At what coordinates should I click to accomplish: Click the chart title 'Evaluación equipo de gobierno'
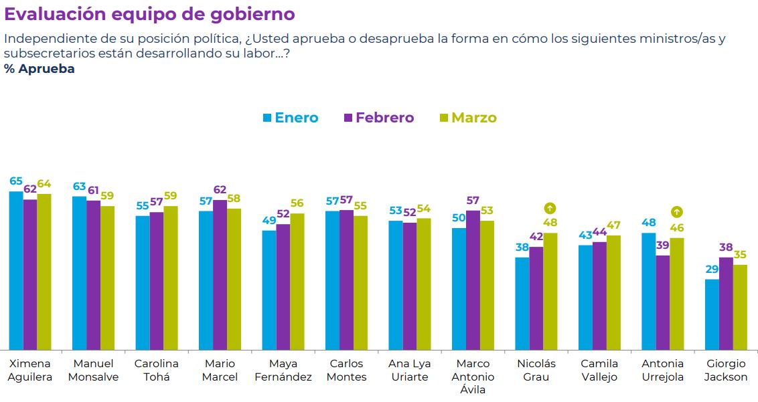(x=149, y=14)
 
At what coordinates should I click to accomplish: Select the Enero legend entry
(x=290, y=118)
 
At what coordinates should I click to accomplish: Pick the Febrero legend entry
(x=378, y=118)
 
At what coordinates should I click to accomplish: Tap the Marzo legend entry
(x=467, y=118)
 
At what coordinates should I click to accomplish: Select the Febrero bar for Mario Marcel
(x=220, y=274)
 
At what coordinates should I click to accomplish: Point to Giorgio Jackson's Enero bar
(x=712, y=314)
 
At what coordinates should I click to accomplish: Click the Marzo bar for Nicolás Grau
(x=550, y=291)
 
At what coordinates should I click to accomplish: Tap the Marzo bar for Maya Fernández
(x=297, y=282)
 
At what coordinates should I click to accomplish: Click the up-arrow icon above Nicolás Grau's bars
(x=550, y=208)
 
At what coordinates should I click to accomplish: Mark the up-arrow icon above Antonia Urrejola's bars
(x=676, y=212)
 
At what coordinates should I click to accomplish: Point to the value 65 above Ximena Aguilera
(x=16, y=181)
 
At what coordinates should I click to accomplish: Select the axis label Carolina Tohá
(x=157, y=370)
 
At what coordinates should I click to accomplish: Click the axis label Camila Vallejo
(x=600, y=370)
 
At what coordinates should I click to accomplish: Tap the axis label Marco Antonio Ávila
(x=473, y=377)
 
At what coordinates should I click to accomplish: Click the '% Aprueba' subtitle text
(x=40, y=69)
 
